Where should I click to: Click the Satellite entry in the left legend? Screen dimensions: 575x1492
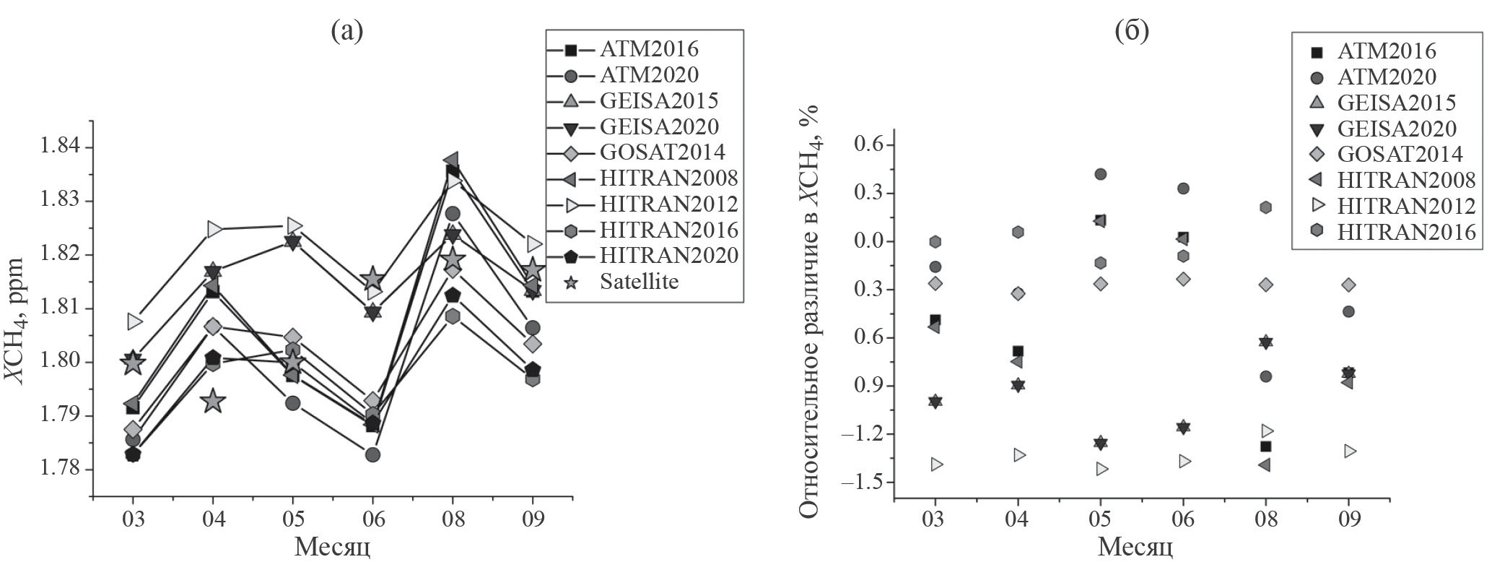tap(639, 282)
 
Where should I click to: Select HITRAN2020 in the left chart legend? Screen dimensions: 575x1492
tap(668, 256)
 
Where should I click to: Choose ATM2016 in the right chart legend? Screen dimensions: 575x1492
tap(1386, 51)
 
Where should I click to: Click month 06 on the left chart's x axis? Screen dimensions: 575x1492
tap(372, 519)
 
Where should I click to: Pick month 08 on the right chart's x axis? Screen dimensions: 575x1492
tap(1265, 520)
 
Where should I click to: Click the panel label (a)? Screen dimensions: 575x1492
tap(347, 30)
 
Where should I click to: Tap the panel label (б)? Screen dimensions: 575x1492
tap(1132, 30)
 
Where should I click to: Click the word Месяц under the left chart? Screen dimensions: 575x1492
tap(333, 548)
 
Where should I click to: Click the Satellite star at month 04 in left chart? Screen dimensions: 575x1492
tap(212, 400)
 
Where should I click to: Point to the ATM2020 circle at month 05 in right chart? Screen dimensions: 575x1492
tap(1100, 174)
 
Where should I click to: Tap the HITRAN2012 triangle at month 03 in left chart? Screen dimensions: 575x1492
tap(134, 320)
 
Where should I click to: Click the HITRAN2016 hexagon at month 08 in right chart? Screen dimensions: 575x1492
tap(1265, 207)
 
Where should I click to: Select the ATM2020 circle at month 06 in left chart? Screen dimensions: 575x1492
tap(372, 454)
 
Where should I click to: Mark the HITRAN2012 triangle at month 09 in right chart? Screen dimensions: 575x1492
tap(1348, 451)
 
